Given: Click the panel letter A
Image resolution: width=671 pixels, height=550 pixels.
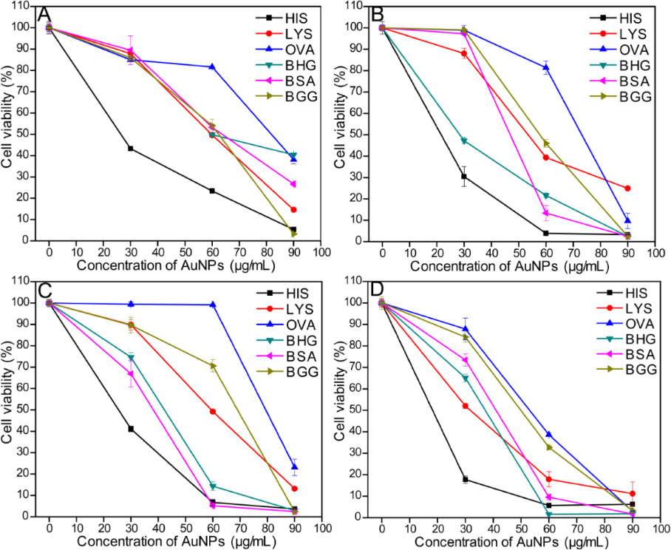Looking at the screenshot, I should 45,14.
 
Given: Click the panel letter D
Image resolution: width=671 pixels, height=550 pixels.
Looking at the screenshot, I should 378,291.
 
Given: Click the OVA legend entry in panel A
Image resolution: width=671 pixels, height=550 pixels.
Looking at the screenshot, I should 293,50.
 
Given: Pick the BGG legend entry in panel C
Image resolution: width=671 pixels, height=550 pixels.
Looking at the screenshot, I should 294,373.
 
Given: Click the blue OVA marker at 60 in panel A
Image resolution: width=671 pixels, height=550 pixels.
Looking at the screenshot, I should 212,67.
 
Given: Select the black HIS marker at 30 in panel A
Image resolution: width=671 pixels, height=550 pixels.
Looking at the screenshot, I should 130,149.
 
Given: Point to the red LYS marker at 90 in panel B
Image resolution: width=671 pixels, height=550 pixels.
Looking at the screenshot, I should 627,188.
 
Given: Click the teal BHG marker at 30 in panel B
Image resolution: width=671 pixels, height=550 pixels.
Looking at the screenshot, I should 464,140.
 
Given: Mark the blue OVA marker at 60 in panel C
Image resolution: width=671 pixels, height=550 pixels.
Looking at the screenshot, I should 213,305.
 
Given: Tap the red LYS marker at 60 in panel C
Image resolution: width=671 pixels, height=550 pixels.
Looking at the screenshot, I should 213,411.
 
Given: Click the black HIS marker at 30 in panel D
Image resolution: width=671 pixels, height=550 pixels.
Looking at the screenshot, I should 465,479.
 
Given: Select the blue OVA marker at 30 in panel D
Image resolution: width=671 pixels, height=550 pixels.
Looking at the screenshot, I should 465,329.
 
